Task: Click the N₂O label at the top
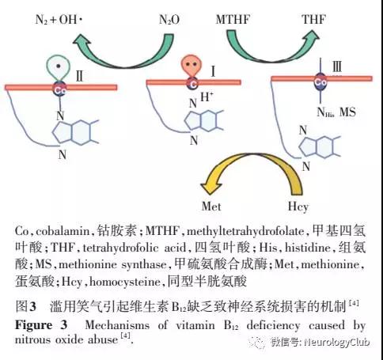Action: click(169, 20)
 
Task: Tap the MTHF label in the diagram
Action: click(233, 20)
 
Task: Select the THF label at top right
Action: click(314, 19)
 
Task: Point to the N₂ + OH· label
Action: click(59, 20)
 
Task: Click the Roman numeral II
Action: click(79, 76)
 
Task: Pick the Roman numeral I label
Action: click(213, 71)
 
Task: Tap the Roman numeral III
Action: click(337, 66)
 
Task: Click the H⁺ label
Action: click(207, 97)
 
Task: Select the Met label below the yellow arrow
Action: click(211, 207)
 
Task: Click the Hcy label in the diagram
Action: click(298, 207)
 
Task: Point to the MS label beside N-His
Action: click(347, 112)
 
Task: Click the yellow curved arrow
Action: click(251, 157)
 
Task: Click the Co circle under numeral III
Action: click(320, 82)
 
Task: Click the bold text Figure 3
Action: click(41, 325)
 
